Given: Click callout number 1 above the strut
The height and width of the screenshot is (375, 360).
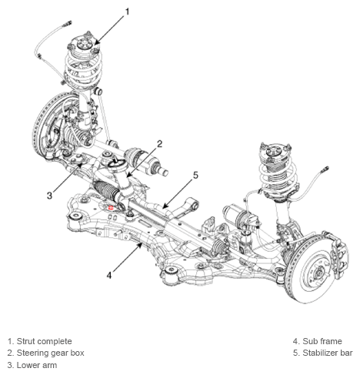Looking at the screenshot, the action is click(127, 12).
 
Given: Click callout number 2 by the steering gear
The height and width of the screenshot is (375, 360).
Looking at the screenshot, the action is click(159, 144).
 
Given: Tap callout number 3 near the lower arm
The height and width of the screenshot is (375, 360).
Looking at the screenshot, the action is click(49, 196).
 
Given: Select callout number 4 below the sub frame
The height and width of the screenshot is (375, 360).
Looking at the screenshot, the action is click(109, 275).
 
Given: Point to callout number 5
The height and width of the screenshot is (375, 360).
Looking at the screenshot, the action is click(195, 175).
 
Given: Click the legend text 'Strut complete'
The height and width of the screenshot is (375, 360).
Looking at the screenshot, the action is click(44, 341).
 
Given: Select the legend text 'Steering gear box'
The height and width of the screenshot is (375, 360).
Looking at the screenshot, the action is click(50, 353).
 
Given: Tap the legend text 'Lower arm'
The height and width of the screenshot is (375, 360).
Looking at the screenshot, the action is click(37, 365).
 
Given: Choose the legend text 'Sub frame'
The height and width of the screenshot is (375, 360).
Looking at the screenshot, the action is click(322, 341).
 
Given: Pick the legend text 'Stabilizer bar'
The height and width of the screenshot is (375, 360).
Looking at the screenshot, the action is click(328, 353).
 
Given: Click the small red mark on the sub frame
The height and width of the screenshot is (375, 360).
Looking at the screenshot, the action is click(111, 207).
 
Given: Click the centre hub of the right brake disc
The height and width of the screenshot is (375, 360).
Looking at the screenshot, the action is click(319, 271).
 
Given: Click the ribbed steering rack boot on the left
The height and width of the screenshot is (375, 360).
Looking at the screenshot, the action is click(106, 191).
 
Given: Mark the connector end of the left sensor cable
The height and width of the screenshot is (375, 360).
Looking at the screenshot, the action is click(67, 24).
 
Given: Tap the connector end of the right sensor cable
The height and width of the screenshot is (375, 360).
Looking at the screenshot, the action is click(325, 169).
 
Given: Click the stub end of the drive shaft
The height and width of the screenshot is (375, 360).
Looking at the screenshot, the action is click(165, 172).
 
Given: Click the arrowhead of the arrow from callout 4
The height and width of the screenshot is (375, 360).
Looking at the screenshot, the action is click(141, 245).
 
